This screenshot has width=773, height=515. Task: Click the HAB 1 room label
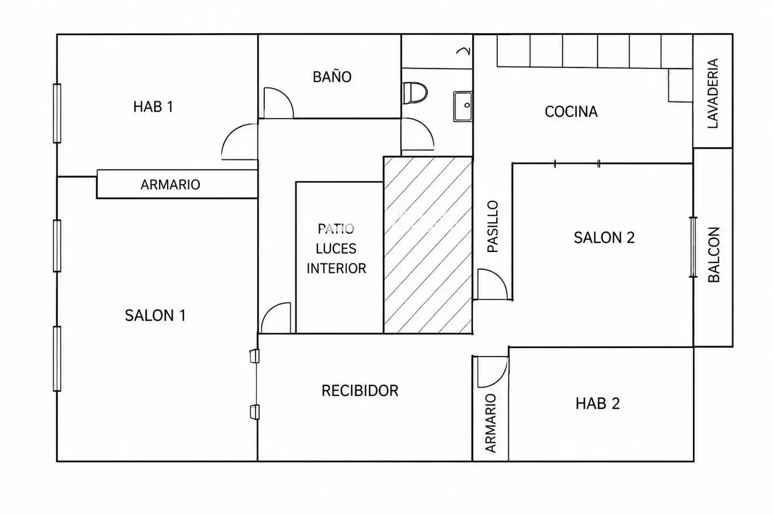coord(153,107)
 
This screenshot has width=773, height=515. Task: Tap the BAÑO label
coord(332,77)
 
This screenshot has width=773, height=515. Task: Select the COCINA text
coord(571,111)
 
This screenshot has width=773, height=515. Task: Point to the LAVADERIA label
coord(713,94)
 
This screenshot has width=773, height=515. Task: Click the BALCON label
coord(714,255)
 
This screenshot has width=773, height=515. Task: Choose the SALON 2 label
coord(604,237)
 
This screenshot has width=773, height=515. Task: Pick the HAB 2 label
coord(598,404)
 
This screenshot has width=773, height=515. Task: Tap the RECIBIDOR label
coord(360,390)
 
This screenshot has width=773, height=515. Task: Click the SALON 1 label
coord(155,315)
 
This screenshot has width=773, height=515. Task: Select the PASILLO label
coord(492,226)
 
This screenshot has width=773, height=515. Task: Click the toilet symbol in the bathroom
coord(415,93)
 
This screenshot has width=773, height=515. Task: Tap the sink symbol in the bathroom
coord(463,106)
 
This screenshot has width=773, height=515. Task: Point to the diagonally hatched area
coord(428,245)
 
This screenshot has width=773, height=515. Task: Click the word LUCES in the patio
coord(336,249)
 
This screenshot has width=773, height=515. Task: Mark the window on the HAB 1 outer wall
coord(57,113)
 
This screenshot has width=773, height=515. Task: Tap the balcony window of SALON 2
coord(693,247)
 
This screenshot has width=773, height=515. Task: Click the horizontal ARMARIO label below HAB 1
coord(170,185)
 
